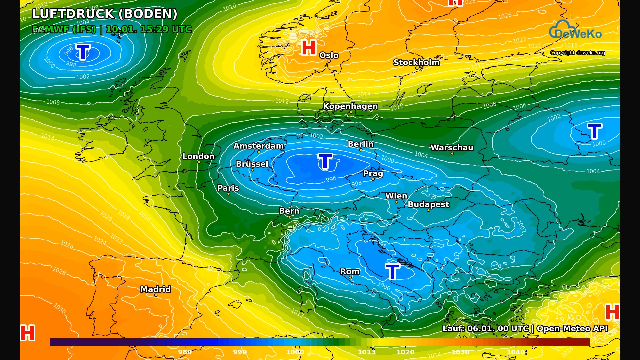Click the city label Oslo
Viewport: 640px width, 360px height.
click(x=329, y=55)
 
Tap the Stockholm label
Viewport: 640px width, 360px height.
click(x=416, y=62)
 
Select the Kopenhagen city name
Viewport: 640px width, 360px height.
click(x=350, y=106)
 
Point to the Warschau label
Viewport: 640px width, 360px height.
click(x=452, y=148)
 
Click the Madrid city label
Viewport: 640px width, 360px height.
click(x=155, y=289)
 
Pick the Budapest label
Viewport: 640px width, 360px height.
click(x=428, y=204)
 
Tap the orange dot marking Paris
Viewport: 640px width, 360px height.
click(x=228, y=194)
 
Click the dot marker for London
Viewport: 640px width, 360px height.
click(x=199, y=162)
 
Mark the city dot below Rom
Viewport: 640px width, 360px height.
click(x=350, y=278)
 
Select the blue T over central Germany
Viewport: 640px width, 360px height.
click(x=325, y=161)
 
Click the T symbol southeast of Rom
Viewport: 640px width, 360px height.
click(x=392, y=271)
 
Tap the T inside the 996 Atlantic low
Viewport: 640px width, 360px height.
click(x=83, y=52)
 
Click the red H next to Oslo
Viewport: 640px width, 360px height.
click(x=309, y=48)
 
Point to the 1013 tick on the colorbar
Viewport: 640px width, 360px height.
click(x=367, y=352)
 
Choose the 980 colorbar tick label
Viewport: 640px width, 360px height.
click(x=185, y=352)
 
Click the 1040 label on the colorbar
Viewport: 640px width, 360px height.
click(x=516, y=352)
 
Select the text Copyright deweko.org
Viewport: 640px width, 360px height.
click(x=577, y=53)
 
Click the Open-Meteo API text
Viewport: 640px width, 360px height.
click(x=572, y=329)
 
